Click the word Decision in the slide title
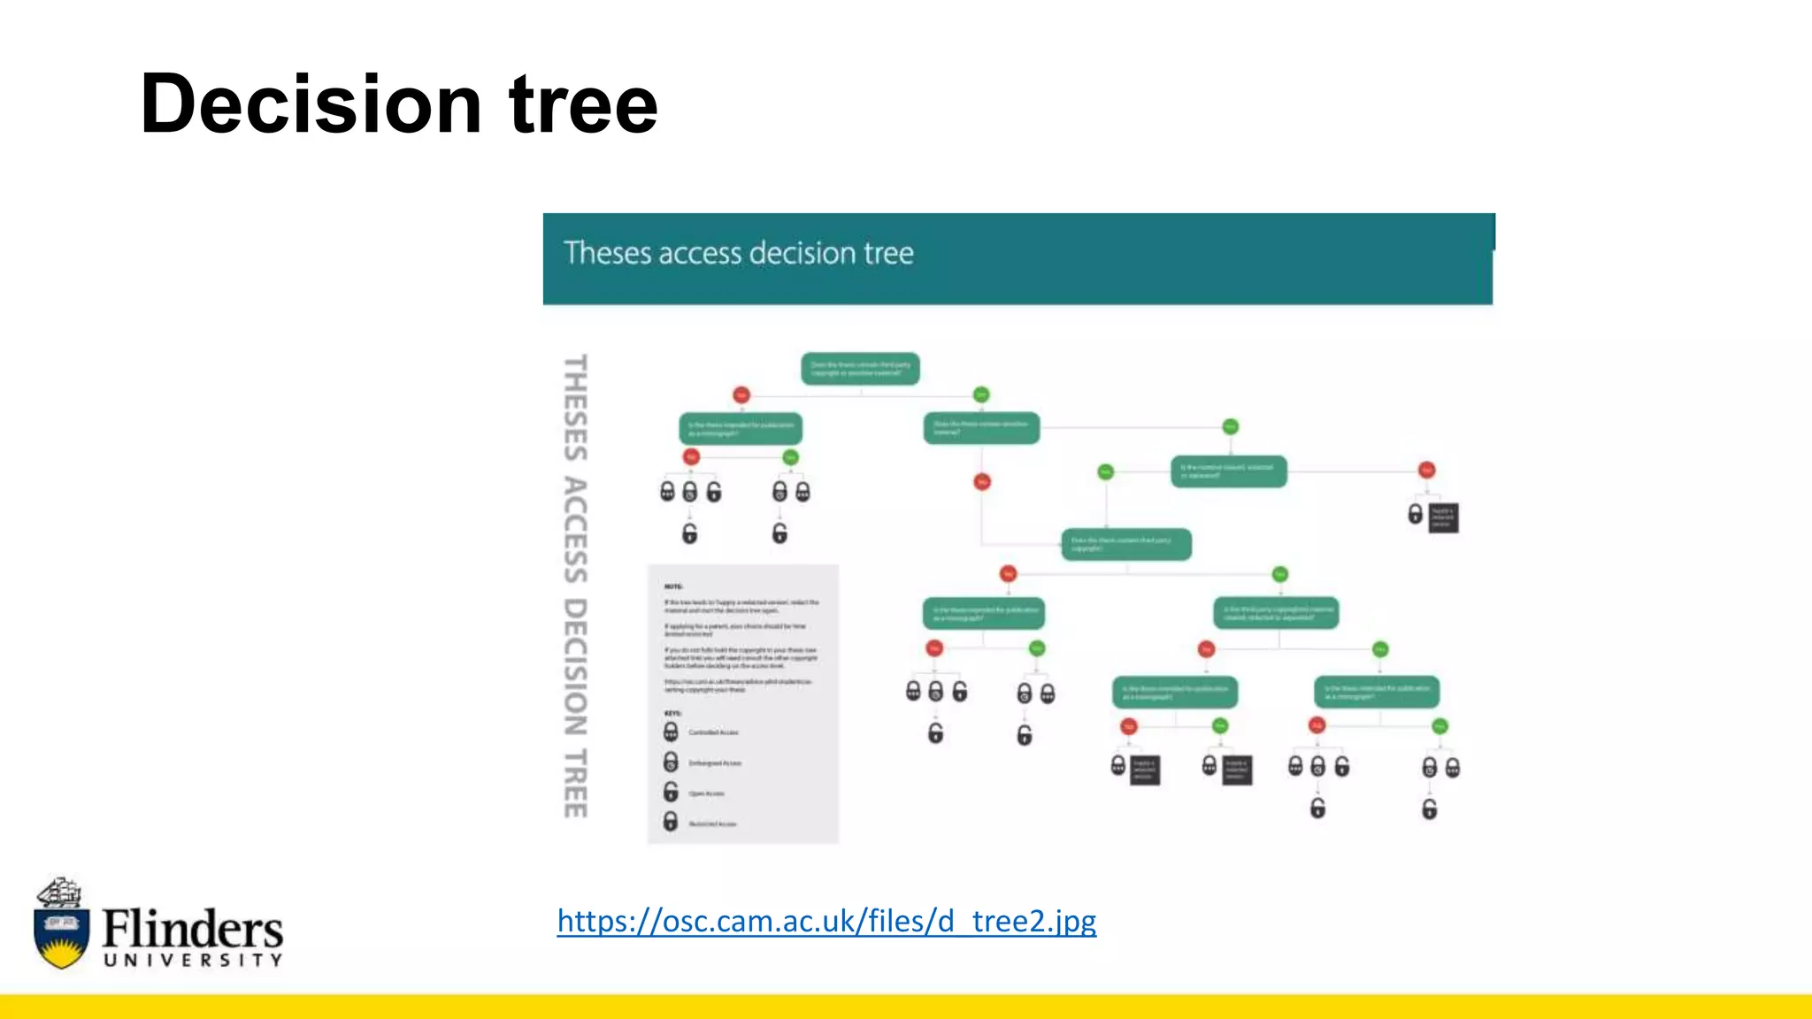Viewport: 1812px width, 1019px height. coord(311,104)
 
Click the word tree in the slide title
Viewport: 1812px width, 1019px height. coord(583,104)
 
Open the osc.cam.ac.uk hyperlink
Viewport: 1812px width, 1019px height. coord(826,921)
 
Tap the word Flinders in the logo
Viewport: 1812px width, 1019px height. coord(192,929)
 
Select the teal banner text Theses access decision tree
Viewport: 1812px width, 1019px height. coord(739,254)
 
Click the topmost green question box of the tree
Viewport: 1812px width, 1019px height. coord(860,369)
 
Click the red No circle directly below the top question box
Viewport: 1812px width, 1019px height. coord(741,395)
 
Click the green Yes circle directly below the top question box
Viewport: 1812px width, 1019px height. coord(980,395)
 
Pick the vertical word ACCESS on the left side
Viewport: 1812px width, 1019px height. coord(576,530)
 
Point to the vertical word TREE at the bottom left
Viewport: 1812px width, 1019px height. coord(576,783)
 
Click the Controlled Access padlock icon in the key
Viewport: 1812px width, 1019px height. coord(671,732)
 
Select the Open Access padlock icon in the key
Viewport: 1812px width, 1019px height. coord(671,792)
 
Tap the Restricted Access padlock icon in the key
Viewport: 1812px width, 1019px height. coord(671,822)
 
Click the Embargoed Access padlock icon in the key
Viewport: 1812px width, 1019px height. coord(671,762)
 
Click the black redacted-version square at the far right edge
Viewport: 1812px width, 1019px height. coord(1443,517)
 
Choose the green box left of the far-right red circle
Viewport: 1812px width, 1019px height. coord(1229,471)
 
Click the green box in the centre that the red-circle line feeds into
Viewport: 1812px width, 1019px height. coord(1126,544)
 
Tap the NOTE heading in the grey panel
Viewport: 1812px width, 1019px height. coord(673,586)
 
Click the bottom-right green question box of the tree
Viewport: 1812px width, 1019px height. coord(1377,692)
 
